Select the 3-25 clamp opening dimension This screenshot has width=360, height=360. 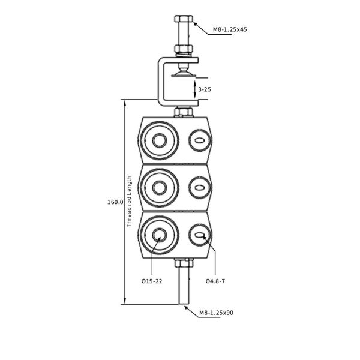pyautogui.click(x=205, y=89)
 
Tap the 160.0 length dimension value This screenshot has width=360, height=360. pyautogui.click(x=115, y=202)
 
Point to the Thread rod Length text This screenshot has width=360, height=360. pyautogui.click(x=129, y=202)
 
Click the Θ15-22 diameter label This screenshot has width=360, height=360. pyautogui.click(x=151, y=281)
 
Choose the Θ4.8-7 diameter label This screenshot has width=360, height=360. pyautogui.click(x=215, y=281)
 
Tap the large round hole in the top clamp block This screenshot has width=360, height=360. pyautogui.click(x=160, y=141)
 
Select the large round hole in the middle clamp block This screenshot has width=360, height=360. pyautogui.click(x=160, y=188)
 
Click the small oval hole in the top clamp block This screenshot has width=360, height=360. pyautogui.click(x=199, y=142)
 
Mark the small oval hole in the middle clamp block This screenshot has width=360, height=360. pyautogui.click(x=199, y=188)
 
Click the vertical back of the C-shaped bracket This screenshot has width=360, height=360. pyautogui.click(x=160, y=81)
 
